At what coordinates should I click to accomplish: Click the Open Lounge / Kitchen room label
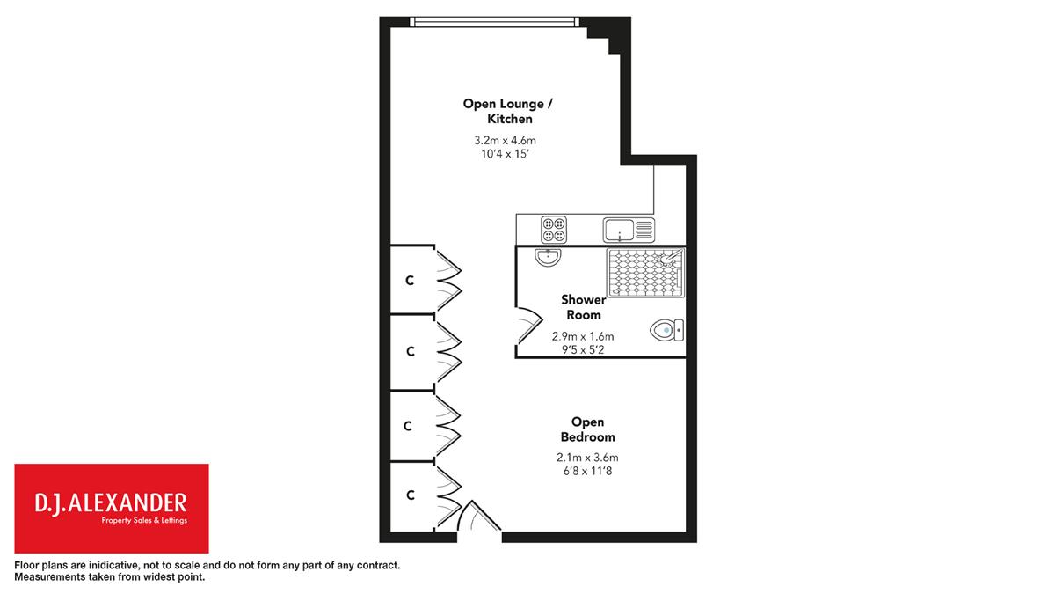[508, 111]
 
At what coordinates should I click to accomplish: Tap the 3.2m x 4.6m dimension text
[505, 140]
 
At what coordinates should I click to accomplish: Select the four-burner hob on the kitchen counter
[553, 229]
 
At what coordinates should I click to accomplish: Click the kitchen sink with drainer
[629, 230]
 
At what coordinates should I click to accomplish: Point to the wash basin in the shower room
[549, 257]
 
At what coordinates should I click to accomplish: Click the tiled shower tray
[645, 273]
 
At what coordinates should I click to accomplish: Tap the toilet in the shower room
[667, 330]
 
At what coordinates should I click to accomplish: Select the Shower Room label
[584, 307]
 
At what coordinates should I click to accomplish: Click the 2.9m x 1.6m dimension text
[583, 336]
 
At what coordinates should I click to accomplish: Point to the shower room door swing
[530, 326]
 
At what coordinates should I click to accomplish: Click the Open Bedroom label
[588, 429]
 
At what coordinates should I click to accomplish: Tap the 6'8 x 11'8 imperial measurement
[587, 471]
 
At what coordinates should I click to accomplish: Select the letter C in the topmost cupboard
[410, 281]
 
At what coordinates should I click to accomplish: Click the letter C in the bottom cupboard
[411, 495]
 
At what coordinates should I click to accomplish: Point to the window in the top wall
[494, 22]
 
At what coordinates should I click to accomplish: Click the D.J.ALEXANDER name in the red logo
[111, 503]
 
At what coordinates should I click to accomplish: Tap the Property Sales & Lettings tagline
[144, 520]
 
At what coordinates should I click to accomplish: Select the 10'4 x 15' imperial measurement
[505, 154]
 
